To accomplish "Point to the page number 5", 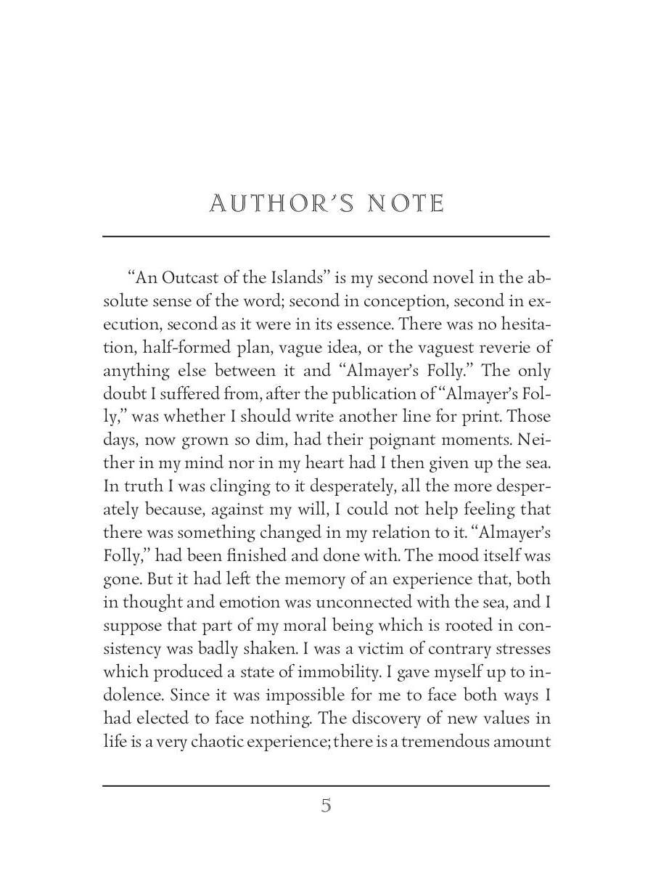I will coord(326,805).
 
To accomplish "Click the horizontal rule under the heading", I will coord(326,236).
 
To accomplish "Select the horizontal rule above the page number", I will coord(326,785).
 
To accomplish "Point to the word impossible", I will coord(304,695).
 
